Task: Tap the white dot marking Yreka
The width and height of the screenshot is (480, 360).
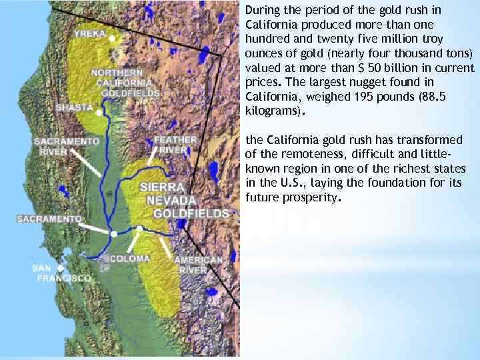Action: [112, 39]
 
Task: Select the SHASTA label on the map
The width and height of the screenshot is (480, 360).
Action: [74, 107]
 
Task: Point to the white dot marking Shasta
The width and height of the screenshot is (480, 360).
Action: [99, 113]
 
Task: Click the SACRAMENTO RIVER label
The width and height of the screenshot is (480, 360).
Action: [67, 146]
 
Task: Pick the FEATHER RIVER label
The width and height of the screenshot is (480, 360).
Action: [175, 145]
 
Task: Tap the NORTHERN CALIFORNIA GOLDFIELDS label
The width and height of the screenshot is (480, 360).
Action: [126, 83]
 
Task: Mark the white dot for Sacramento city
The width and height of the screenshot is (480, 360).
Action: [114, 234]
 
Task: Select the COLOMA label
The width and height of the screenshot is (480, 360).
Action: [130, 259]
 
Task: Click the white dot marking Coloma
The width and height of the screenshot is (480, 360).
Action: [139, 229]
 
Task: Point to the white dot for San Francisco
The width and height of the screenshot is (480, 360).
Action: [61, 268]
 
